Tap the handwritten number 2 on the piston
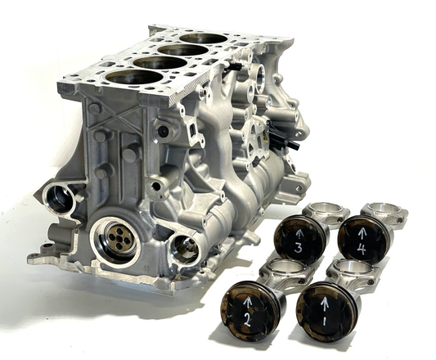[247, 319]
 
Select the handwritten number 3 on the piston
[298, 248]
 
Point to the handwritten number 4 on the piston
[362, 249]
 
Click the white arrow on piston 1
[325, 304]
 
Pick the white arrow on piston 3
[299, 235]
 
